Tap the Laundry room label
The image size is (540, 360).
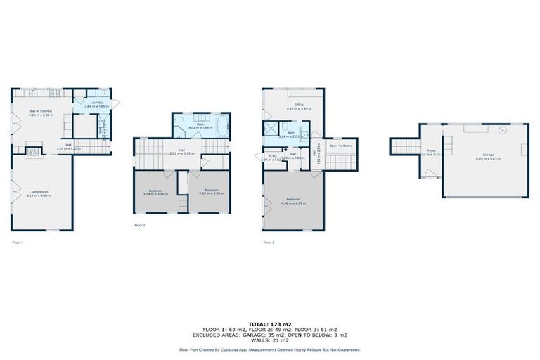pos(97,103)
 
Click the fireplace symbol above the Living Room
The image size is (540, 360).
pos(33,148)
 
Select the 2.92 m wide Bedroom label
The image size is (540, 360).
pos(211,191)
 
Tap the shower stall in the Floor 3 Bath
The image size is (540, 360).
pos(271,129)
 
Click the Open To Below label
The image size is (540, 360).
pos(341,146)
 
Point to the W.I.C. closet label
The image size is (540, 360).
pos(271,157)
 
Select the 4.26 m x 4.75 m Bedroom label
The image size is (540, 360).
pos(293,200)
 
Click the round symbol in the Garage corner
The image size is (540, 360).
pos(503,130)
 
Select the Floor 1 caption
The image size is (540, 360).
pos(18,243)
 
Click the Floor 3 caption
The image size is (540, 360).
pos(269,243)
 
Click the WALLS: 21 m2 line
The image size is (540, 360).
pos(269,340)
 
